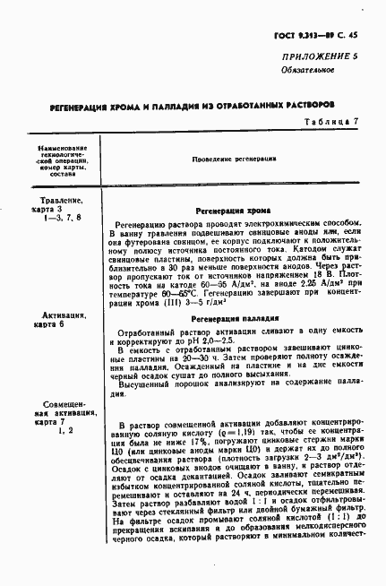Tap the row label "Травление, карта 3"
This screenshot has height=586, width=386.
(x=62, y=208)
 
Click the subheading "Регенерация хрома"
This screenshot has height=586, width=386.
(x=236, y=208)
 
